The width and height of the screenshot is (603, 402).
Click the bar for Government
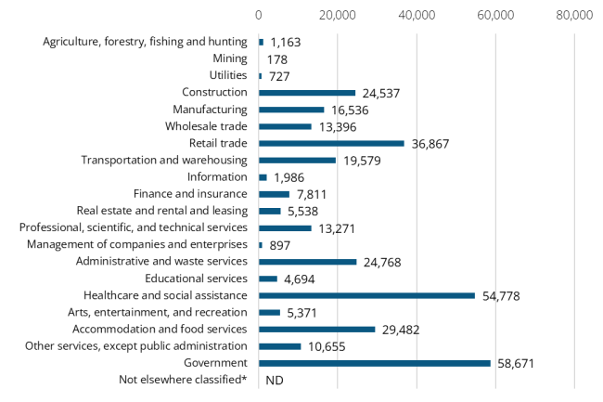click(x=375, y=363)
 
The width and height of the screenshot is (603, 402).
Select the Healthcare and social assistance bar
click(x=366, y=295)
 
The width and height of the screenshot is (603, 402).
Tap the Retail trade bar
click(x=331, y=143)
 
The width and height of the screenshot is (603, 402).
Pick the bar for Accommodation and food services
click(x=316, y=329)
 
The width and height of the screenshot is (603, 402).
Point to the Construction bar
click(x=307, y=93)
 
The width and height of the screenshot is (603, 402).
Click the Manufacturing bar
click(x=291, y=110)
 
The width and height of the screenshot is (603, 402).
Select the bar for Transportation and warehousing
click(x=297, y=161)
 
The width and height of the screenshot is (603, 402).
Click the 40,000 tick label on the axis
click(x=417, y=16)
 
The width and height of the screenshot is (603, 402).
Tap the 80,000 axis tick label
click(x=574, y=16)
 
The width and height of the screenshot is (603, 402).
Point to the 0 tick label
click(x=259, y=16)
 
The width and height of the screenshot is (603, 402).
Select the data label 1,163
click(x=285, y=43)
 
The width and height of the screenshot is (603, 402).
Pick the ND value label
click(x=274, y=380)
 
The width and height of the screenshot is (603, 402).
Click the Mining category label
click(x=230, y=58)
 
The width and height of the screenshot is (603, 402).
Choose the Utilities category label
click(x=227, y=75)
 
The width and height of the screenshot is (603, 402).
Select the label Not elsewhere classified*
click(x=183, y=380)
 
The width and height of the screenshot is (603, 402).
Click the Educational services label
click(x=196, y=279)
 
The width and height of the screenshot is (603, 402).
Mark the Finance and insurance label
click(x=190, y=194)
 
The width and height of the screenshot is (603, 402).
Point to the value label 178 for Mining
click(x=276, y=59)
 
